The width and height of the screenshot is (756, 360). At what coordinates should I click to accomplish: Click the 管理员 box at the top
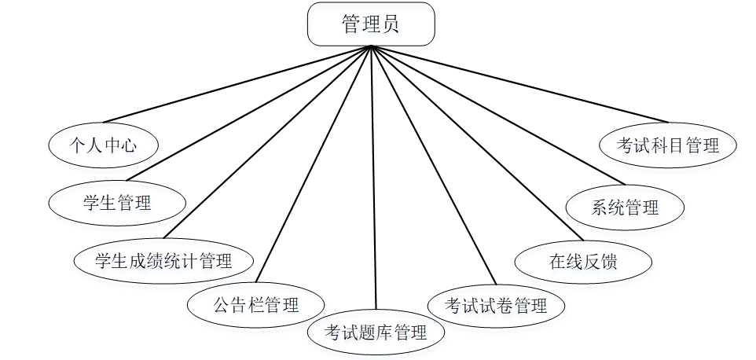(370, 24)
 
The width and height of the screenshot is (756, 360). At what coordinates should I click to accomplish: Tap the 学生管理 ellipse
(117, 204)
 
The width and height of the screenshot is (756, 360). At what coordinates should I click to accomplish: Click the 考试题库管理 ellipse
(376, 332)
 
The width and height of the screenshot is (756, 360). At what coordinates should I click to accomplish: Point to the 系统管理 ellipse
(625, 208)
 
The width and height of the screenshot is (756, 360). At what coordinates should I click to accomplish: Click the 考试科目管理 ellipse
(668, 145)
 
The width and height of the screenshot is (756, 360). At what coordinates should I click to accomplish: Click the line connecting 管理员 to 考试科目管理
(519, 84)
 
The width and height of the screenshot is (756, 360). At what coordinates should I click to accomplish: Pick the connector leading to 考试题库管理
(373, 177)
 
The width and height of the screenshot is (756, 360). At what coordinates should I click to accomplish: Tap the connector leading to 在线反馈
(475, 142)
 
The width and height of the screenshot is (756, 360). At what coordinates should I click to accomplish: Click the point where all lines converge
(370, 46)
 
